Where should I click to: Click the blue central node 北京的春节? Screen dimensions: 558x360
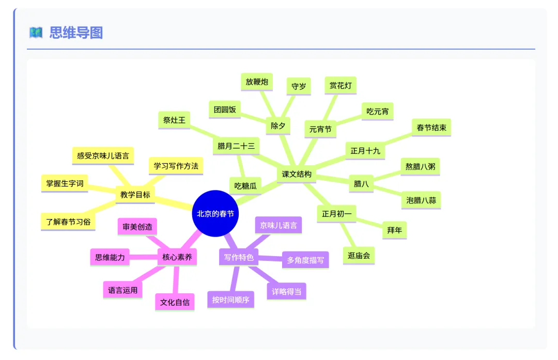pos(215,214)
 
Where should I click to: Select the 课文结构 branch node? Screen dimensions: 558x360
pos(297,175)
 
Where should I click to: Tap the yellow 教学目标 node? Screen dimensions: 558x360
pos(135,195)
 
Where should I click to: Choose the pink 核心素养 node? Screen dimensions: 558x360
pos(177,257)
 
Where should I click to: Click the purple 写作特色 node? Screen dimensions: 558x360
pos(239,257)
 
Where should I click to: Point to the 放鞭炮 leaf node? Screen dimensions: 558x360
pos(257,82)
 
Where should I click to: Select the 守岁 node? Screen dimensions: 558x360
pos(299,86)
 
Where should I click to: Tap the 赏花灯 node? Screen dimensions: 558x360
pos(340,86)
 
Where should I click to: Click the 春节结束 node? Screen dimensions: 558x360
pos(431,127)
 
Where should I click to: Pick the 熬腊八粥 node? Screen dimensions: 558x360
pos(420,166)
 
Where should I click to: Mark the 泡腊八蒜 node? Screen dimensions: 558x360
pos(421,200)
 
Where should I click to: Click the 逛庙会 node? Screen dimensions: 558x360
pos(359,255)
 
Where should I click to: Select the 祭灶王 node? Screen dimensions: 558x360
pos(174,120)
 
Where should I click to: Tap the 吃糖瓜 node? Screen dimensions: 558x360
pos(245,185)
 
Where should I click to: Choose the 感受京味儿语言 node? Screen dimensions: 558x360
pos(103,155)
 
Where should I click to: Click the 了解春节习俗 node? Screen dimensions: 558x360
pos(68,222)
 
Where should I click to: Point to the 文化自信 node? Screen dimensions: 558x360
pos(175,302)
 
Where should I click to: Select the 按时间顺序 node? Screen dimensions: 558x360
pos(230,300)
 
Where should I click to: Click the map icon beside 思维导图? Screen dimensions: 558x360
pos(36,33)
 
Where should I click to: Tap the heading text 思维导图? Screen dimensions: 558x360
pos(76,33)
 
